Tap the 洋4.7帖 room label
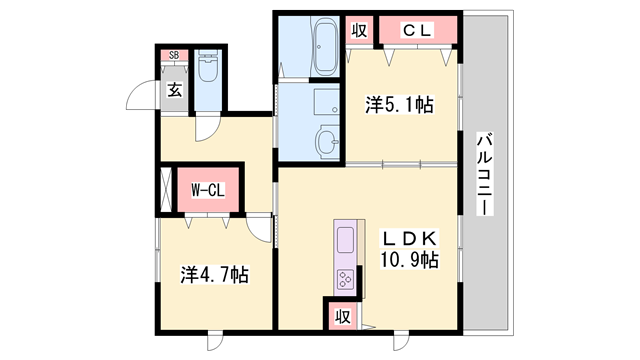tap(215, 273)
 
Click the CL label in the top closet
tap(416, 31)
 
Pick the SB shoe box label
tap(174, 56)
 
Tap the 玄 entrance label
tap(174, 89)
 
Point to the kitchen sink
tap(345, 240)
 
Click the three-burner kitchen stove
tap(345, 277)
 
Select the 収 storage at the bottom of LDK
tap(341, 316)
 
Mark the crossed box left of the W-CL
tap(166, 189)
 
